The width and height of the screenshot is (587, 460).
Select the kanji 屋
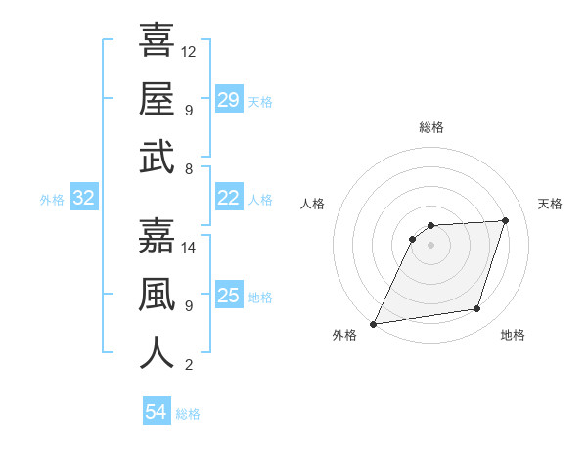pyautogui.click(x=157, y=99)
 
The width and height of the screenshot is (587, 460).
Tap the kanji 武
pyautogui.click(x=157, y=157)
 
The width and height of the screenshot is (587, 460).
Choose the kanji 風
pyautogui.click(x=157, y=295)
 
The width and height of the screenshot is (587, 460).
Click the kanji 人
pyautogui.click(x=157, y=353)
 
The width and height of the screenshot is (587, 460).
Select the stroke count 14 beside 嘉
pyautogui.click(x=189, y=247)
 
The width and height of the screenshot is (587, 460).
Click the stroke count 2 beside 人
pyautogui.click(x=189, y=365)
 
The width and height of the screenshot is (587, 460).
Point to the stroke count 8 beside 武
pyautogui.click(x=189, y=168)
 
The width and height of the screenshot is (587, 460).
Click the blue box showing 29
pyautogui.click(x=228, y=100)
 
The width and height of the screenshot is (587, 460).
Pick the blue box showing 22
pyautogui.click(x=228, y=198)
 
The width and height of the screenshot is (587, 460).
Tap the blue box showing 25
pyautogui.click(x=228, y=296)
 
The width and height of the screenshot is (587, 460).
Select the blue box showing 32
pyautogui.click(x=83, y=199)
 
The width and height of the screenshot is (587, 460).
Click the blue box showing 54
pyautogui.click(x=156, y=412)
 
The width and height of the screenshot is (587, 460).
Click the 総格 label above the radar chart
pyautogui.click(x=430, y=127)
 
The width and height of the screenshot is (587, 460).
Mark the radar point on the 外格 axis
pyautogui.click(x=373, y=323)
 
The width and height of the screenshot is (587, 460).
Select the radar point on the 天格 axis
pyautogui.click(x=506, y=220)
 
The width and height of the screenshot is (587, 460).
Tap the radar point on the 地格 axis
pyautogui.click(x=477, y=309)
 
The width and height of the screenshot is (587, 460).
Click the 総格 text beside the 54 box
pyautogui.click(x=188, y=414)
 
